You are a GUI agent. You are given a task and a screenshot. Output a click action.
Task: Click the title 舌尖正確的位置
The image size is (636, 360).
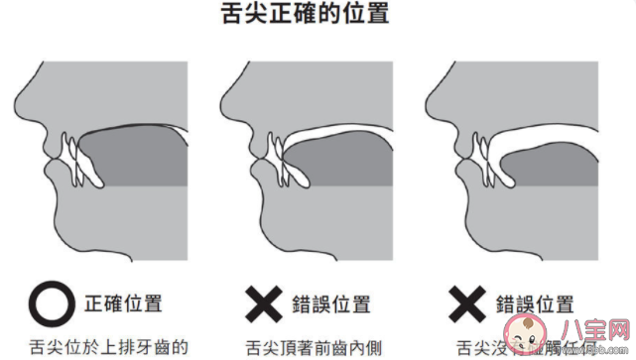click(x=318, y=15)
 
